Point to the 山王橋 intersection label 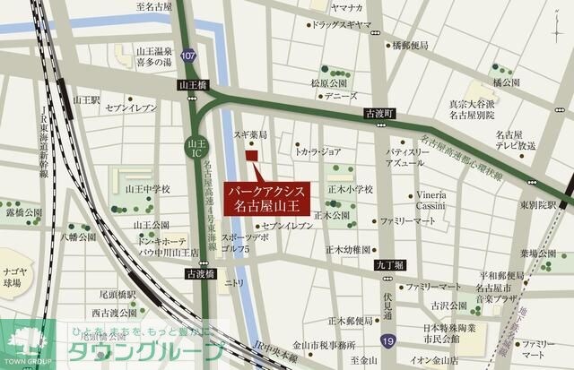click(193, 85)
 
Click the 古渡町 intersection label click(379, 114)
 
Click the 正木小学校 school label click(350, 190)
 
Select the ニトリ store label click(234, 283)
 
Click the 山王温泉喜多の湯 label click(155, 57)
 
